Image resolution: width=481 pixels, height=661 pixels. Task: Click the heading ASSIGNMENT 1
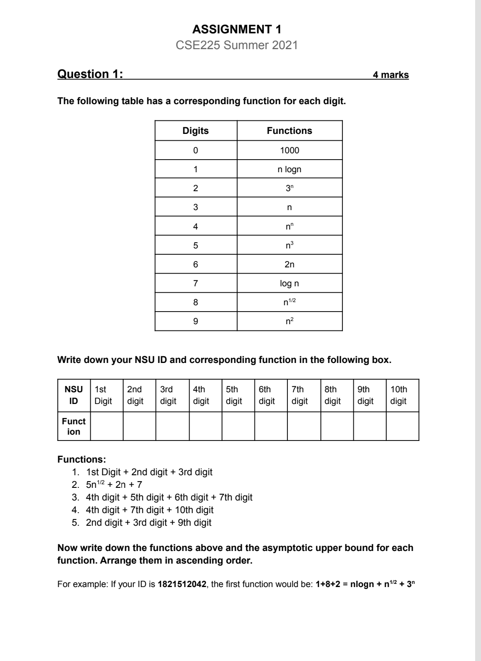(x=236, y=30)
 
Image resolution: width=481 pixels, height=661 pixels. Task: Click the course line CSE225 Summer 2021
(x=236, y=45)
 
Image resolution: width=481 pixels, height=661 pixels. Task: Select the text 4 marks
(x=390, y=75)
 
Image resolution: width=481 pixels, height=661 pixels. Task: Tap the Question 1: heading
(x=90, y=74)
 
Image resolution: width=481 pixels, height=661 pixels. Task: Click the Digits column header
(x=195, y=131)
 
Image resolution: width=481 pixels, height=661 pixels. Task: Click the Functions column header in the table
(x=289, y=131)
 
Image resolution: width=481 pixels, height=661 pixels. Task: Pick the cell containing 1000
(x=289, y=151)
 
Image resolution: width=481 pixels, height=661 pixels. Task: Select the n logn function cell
(x=289, y=170)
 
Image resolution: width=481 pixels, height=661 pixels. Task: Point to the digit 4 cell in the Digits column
(x=195, y=226)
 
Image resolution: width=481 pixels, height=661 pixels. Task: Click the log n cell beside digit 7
(x=289, y=284)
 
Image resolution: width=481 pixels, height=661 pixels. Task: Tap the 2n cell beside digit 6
(x=289, y=265)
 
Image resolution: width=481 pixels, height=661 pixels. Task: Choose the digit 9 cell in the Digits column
(x=195, y=321)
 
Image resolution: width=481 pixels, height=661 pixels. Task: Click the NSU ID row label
(x=74, y=395)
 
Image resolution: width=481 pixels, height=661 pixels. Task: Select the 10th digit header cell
(x=402, y=395)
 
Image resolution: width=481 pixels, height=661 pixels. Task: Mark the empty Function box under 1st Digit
(x=106, y=426)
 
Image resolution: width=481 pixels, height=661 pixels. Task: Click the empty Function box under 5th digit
(x=238, y=426)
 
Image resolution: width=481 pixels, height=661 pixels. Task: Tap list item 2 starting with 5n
(x=114, y=485)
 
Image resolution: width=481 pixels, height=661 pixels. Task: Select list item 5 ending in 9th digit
(x=148, y=523)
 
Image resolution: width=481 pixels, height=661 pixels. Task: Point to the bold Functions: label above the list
(x=82, y=459)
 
